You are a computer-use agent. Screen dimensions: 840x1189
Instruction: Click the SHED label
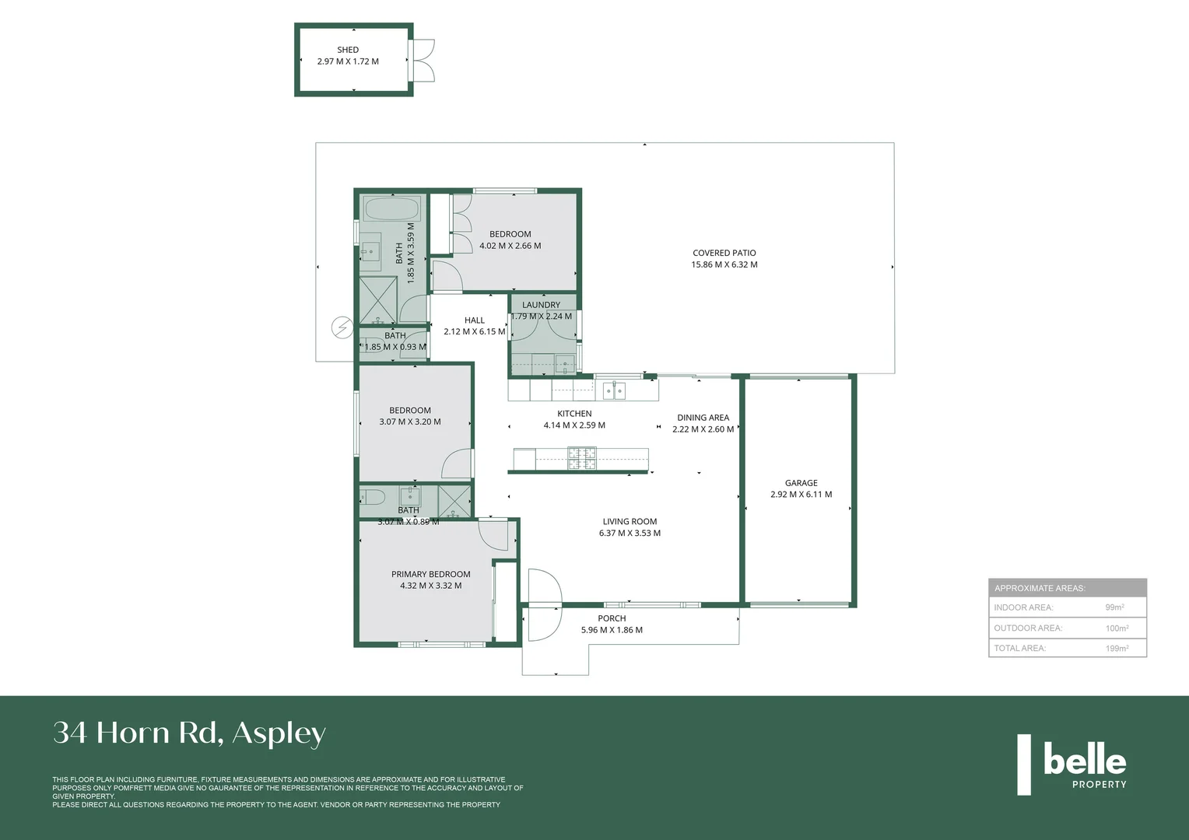coord(348,50)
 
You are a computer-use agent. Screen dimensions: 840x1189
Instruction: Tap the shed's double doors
coord(423,61)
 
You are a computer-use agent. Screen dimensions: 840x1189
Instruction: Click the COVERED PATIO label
coord(724,253)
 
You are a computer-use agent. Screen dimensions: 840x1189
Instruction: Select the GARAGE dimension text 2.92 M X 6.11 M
coord(801,495)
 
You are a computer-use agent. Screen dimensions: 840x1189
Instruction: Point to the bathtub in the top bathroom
coord(392,209)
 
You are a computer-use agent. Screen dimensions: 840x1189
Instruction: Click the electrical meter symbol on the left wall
coord(342,327)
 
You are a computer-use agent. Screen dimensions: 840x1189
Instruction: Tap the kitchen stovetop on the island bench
coord(581,458)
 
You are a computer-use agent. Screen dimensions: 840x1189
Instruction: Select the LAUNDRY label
coord(541,305)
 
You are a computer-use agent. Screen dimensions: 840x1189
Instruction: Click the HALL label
coord(474,320)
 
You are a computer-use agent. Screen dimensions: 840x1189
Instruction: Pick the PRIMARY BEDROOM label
coord(430,574)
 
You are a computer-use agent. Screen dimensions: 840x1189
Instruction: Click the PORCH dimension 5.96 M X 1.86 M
coord(612,630)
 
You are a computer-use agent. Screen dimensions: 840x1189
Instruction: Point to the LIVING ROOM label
coord(630,522)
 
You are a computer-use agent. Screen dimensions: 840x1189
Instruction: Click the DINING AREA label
coord(703,418)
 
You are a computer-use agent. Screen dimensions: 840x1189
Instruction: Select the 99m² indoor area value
coord(1114,607)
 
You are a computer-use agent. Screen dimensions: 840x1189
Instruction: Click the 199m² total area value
coord(1117,648)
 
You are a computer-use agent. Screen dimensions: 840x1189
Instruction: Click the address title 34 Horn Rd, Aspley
coord(189,733)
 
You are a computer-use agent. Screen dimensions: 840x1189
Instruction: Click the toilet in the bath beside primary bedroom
coord(372,497)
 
